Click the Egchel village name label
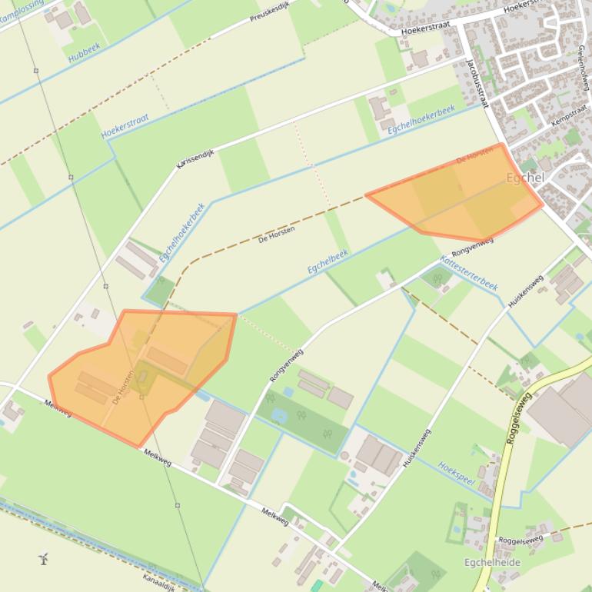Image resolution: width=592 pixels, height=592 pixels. pos(525,178)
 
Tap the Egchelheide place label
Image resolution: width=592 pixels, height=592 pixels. pos(492,563)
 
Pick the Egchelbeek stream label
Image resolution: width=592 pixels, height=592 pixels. pos(328,261)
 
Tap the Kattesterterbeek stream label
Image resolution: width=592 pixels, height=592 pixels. pos(469,274)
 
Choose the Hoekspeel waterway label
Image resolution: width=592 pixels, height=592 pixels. pos(457,471)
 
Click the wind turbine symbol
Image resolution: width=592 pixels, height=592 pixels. pos(44,558)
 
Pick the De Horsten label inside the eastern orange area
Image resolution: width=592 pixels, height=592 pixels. pos(474,154)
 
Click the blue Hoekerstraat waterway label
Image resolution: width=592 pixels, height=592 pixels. pos(125,125)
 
